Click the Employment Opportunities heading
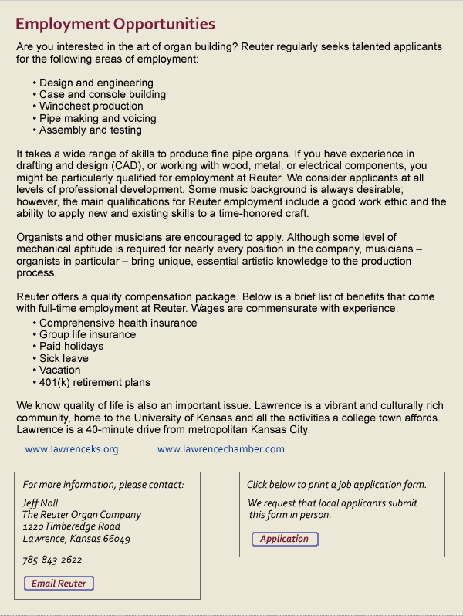[115, 25]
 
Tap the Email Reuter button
[59, 584]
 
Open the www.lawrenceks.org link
[72, 449]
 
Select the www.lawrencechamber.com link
[221, 449]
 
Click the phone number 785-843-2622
[52, 560]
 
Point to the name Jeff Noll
[41, 503]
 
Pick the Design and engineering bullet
[96, 83]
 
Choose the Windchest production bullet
[91, 107]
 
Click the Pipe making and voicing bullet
[97, 118]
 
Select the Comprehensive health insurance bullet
[118, 323]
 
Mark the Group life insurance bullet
[87, 335]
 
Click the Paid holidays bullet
[71, 347]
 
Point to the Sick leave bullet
[63, 359]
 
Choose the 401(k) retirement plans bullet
[94, 383]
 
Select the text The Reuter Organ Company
[82, 515]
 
